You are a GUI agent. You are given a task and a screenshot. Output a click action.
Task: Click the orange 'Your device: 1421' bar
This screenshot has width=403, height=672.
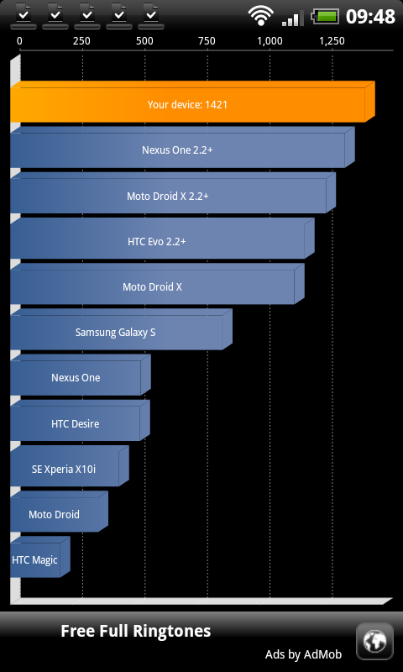pyautogui.click(x=192, y=102)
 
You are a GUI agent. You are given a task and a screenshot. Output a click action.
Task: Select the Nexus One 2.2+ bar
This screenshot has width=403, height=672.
pyautogui.click(x=182, y=147)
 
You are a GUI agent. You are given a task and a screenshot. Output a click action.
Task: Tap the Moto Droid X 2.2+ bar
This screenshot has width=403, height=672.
pyautogui.click(x=173, y=193)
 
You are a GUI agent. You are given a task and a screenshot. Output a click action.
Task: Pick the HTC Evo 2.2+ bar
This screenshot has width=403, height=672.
pyautogui.click(x=162, y=239)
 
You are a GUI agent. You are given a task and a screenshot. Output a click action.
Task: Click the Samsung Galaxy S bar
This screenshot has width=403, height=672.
pyautogui.click(x=121, y=329)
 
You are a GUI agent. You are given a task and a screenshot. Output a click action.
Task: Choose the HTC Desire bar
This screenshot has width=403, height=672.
pyautogui.click(x=80, y=421)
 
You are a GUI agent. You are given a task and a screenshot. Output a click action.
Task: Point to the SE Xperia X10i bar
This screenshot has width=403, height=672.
pyautogui.click(x=70, y=466)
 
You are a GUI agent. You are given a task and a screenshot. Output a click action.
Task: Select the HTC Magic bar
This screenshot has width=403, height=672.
pyautogui.click(x=39, y=557)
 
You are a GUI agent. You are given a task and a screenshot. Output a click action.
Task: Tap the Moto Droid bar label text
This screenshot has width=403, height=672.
pyautogui.click(x=54, y=514)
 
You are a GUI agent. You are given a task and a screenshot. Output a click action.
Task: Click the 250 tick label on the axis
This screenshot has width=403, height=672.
pyautogui.click(x=81, y=41)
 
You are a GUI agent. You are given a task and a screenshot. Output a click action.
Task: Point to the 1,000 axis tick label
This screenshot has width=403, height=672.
pyautogui.click(x=270, y=41)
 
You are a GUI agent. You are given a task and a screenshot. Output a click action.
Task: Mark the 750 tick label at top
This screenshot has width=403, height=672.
pyautogui.click(x=207, y=41)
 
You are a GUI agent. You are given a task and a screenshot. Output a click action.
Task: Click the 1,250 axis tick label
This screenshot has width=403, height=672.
pyautogui.click(x=332, y=41)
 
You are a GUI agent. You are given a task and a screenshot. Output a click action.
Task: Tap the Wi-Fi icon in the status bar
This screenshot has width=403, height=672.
pyautogui.click(x=260, y=16)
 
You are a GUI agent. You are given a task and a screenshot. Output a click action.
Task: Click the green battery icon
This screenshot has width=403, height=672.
pyautogui.click(x=325, y=17)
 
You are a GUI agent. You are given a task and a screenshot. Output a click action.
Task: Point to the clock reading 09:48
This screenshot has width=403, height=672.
pyautogui.click(x=370, y=17)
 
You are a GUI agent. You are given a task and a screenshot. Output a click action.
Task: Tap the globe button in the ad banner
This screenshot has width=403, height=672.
pyautogui.click(x=374, y=642)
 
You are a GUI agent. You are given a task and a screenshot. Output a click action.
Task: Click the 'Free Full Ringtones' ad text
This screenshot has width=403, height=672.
pyautogui.click(x=136, y=632)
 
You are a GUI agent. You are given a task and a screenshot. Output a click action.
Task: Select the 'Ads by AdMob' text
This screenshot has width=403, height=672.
pyautogui.click(x=303, y=654)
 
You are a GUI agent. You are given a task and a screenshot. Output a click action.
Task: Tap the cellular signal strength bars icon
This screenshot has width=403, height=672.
pyautogui.click(x=293, y=18)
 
